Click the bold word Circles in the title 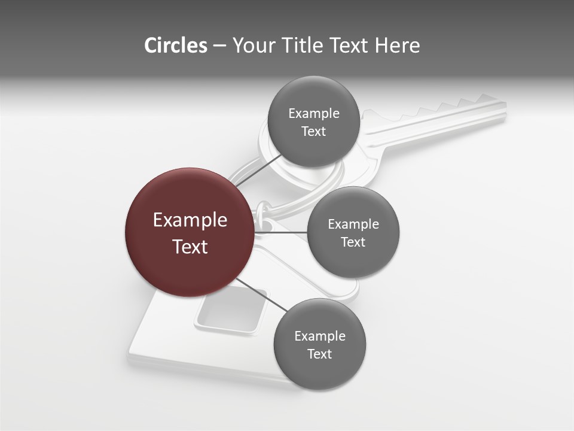point(175,45)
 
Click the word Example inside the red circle point(190,220)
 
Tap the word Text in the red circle point(190,247)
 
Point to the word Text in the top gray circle point(313,132)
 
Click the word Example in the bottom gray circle point(319,336)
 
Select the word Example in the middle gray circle point(353,224)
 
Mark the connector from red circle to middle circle point(281,232)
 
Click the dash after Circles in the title point(219,46)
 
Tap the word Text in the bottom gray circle point(319,354)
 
